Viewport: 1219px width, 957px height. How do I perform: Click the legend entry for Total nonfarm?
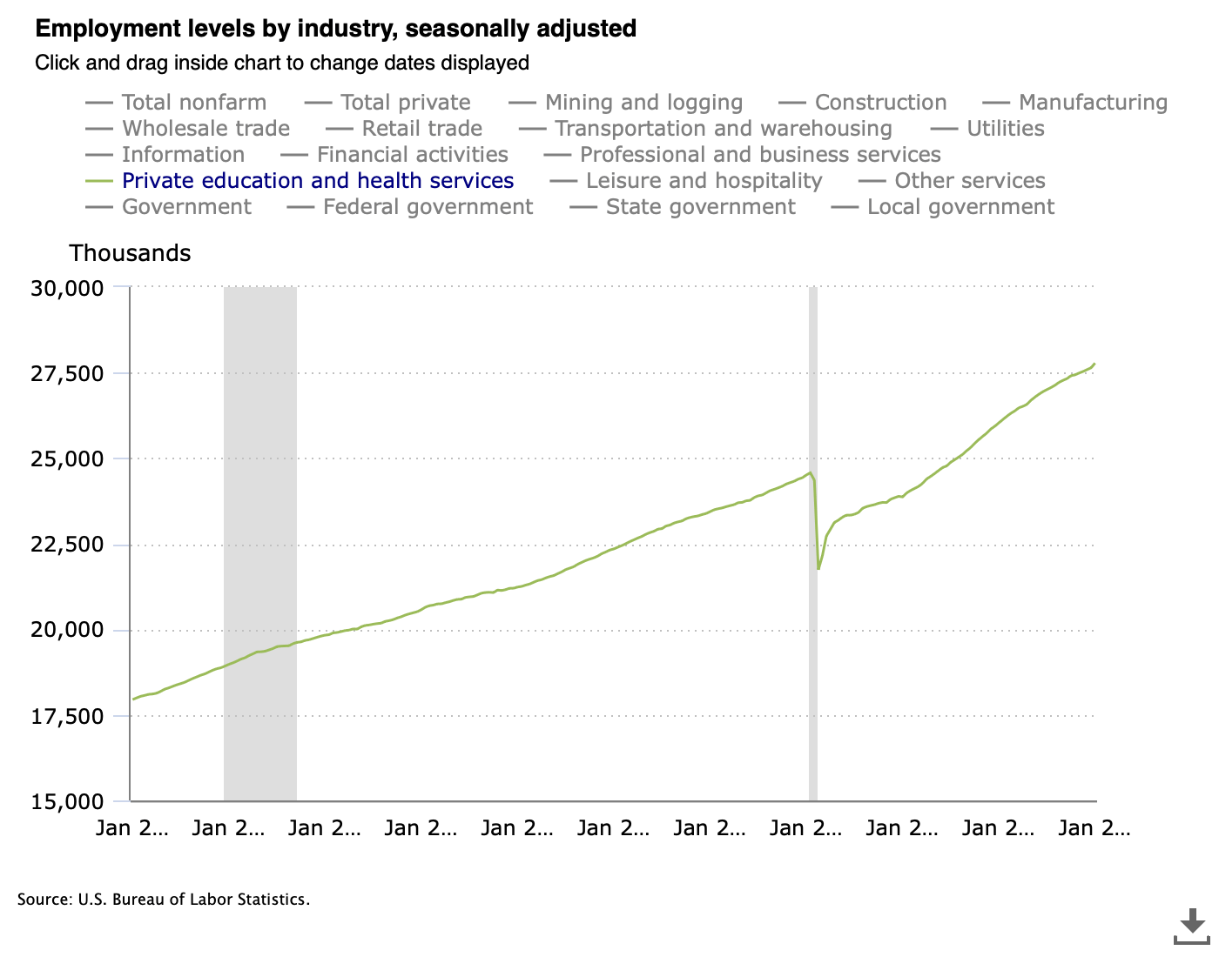(x=193, y=103)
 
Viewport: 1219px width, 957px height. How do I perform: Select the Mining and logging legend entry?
(x=643, y=103)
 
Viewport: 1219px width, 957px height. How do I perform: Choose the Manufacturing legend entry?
(x=1092, y=103)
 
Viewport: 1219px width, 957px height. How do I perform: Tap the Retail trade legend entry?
(x=421, y=129)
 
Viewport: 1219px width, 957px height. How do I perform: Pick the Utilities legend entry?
(x=1005, y=129)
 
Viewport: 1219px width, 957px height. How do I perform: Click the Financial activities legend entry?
(x=412, y=155)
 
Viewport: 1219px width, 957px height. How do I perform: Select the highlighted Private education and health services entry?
(x=318, y=181)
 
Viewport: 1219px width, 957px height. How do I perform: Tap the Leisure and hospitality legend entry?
(x=704, y=181)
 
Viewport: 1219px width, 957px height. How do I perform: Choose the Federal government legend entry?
(x=428, y=207)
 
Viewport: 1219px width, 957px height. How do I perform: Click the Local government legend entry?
(x=960, y=207)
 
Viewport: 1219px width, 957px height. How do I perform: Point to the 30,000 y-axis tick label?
(x=67, y=288)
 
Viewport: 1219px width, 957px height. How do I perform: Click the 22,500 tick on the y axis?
(x=67, y=545)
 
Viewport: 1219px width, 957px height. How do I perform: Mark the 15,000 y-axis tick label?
(x=67, y=802)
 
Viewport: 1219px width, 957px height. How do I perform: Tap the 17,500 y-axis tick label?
(x=67, y=716)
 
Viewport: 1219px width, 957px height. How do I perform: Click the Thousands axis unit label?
(x=130, y=253)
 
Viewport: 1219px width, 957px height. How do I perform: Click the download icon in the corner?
(x=1192, y=927)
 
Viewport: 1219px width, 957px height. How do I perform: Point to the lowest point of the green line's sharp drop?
(x=818, y=569)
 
